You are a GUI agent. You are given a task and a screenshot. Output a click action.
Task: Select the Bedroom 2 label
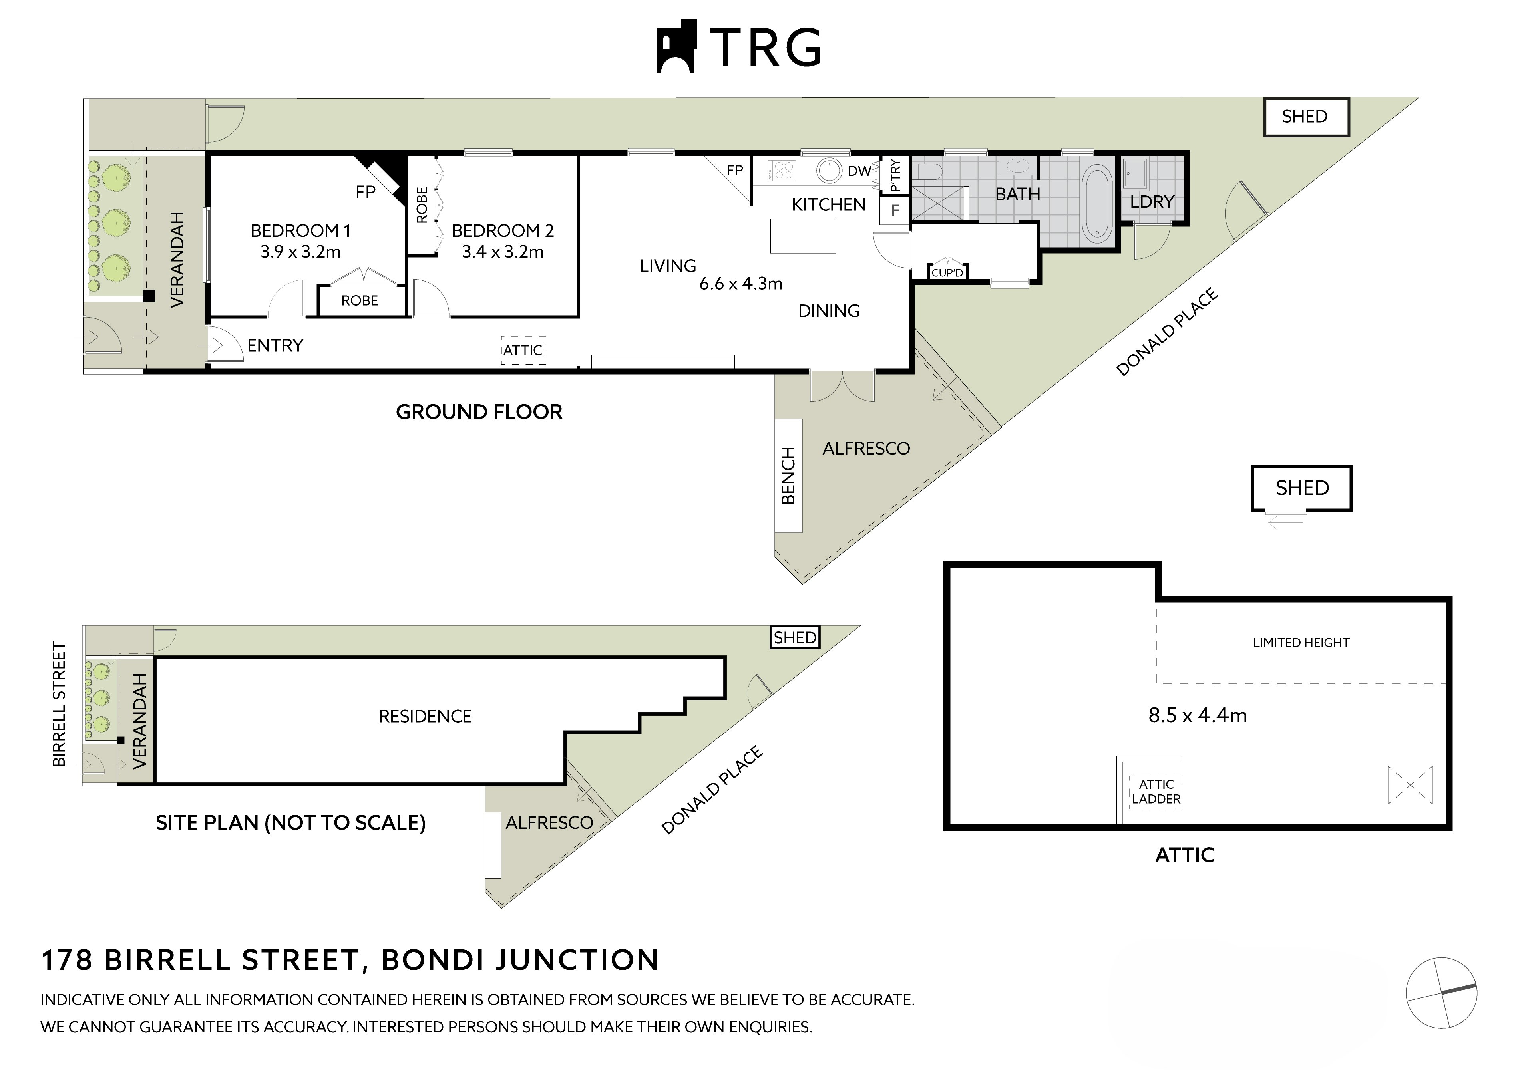coord(502,231)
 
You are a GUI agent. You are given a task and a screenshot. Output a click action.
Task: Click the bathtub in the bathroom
coord(1097,204)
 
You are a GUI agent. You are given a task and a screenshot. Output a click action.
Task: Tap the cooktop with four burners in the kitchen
coord(784,170)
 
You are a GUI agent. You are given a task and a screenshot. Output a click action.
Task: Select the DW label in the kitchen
coord(859,171)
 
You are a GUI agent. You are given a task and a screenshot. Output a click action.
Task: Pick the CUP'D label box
coord(947,272)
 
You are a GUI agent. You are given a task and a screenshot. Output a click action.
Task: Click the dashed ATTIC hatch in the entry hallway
coord(523,350)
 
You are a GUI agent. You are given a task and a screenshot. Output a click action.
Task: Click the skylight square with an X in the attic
coord(1410,784)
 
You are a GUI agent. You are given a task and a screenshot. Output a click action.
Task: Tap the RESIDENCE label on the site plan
coord(425,716)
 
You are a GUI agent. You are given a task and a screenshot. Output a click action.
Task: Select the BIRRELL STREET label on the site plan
coord(60,704)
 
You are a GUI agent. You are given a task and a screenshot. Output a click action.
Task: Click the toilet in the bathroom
coord(929,172)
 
